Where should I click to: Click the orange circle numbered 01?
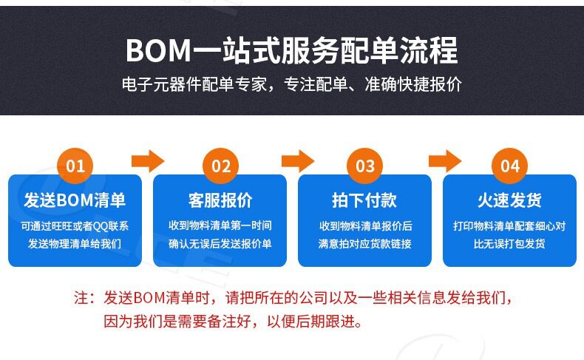(x=75, y=166)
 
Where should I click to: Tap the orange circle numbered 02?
(x=221, y=166)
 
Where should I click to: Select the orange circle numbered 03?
(x=365, y=166)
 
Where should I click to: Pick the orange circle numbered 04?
(x=510, y=166)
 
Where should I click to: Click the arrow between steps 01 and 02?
(x=148, y=160)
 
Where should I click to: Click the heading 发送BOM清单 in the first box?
(x=75, y=200)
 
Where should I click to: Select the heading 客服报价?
(x=220, y=200)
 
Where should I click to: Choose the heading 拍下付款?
(x=364, y=200)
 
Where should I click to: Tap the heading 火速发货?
(x=509, y=200)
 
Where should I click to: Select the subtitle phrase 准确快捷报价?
(x=413, y=84)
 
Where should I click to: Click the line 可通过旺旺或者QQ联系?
(x=75, y=226)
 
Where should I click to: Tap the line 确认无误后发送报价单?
(x=220, y=243)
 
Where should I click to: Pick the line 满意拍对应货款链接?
(x=364, y=243)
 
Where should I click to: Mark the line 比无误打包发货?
(x=509, y=243)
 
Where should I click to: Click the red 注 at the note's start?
(x=82, y=299)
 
